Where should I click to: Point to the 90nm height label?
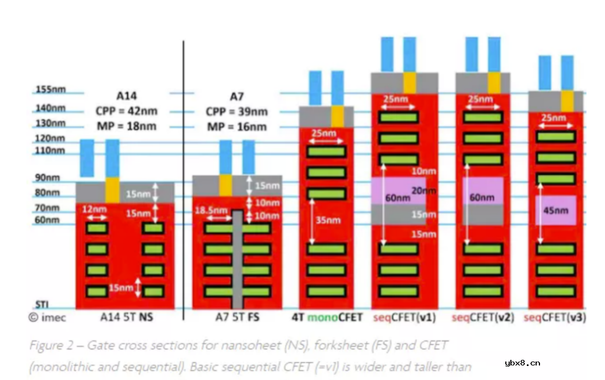pos(47,179)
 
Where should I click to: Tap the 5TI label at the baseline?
pos(42,304)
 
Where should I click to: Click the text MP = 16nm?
pos(237,126)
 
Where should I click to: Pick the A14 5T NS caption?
pos(127,317)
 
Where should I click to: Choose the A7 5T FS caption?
pos(238,317)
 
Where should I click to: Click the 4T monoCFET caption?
pos(327,317)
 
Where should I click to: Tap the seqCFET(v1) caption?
pos(404,317)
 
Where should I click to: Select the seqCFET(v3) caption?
pos(555,317)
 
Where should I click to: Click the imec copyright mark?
pos(47,317)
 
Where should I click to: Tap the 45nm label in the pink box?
pos(556,210)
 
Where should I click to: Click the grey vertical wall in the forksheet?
pos(238,257)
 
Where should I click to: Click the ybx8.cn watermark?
pos(522,362)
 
